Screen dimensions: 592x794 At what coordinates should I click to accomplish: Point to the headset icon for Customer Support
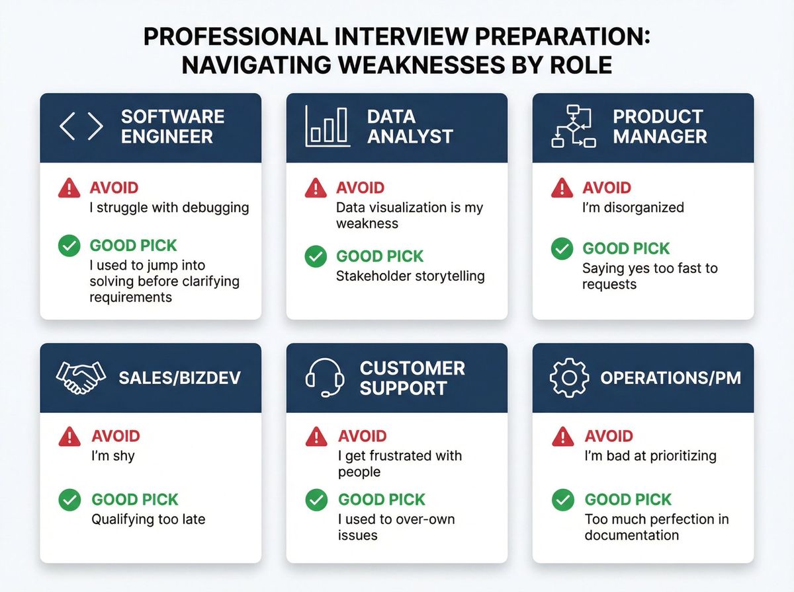click(326, 378)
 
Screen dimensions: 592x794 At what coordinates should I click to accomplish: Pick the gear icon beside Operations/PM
click(569, 377)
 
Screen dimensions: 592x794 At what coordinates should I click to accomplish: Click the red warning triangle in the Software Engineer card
click(69, 188)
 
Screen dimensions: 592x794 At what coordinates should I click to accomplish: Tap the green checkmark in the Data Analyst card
click(316, 256)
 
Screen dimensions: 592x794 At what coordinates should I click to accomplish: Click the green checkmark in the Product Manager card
click(562, 249)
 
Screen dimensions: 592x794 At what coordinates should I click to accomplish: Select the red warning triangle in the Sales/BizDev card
click(69, 436)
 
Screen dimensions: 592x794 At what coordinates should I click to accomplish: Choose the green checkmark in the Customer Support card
click(316, 500)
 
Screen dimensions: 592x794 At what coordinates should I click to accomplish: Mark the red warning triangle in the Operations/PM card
click(562, 436)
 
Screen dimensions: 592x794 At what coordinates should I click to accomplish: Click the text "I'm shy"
click(112, 456)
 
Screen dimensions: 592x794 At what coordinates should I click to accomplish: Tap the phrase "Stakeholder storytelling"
click(410, 276)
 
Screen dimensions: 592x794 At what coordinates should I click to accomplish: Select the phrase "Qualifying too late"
click(148, 519)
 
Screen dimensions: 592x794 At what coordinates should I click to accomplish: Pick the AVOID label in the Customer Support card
click(362, 436)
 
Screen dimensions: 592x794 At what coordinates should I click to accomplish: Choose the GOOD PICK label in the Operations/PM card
click(628, 499)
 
